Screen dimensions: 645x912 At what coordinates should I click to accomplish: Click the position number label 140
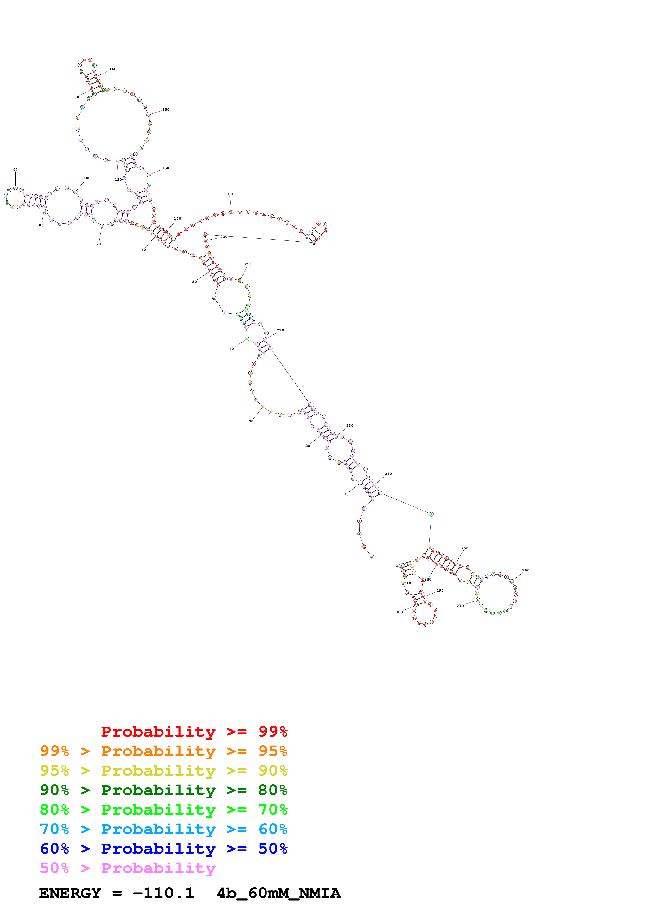point(113,69)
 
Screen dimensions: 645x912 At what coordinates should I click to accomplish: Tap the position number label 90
point(16,170)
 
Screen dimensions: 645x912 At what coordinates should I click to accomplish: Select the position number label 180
point(229,194)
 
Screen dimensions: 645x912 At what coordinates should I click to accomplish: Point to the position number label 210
point(248,264)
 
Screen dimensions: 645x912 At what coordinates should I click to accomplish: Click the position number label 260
point(526,570)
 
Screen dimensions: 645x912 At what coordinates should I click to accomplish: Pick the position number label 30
point(251,421)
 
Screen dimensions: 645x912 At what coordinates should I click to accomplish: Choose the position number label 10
point(346,494)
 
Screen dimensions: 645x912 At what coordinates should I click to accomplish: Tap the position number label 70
point(99,244)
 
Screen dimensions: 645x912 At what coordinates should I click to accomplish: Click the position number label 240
point(388,474)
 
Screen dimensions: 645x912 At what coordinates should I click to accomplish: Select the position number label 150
point(166,110)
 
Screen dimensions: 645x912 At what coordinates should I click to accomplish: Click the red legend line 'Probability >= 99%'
point(194,731)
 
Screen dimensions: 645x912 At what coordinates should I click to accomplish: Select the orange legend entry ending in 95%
point(163,751)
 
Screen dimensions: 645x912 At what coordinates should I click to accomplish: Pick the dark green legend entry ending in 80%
point(163,790)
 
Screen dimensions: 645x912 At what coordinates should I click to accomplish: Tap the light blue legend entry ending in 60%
point(163,829)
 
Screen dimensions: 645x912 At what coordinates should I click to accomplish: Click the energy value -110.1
point(163,893)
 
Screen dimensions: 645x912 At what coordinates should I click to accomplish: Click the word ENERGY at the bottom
point(70,893)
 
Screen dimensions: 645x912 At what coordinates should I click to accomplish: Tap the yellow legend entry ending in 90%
point(163,771)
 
